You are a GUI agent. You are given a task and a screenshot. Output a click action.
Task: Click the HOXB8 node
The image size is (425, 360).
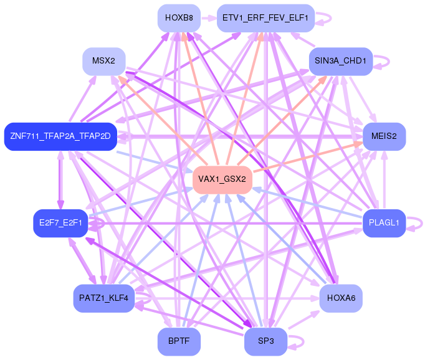179,18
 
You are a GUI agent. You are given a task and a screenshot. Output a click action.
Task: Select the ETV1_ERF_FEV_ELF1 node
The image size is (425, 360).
265,18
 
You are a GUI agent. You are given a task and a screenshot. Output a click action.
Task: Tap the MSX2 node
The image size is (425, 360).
104,61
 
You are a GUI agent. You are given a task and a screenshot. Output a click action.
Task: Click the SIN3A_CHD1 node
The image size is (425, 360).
341,61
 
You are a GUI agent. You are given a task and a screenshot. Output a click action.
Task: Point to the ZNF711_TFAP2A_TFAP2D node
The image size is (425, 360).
60,136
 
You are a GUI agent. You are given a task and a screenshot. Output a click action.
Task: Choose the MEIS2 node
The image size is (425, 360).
384,136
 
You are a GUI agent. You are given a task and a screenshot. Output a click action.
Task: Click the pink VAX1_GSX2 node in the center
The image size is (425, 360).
222,179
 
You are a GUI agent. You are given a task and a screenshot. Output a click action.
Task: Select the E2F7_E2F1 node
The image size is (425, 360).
60,223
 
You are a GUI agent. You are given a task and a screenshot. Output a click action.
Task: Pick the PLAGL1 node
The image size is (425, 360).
384,223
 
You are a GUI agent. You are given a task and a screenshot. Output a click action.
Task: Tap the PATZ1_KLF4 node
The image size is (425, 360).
104,298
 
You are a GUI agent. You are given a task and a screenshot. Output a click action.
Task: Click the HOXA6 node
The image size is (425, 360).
341,298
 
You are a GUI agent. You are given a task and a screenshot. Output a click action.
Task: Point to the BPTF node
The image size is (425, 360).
179,341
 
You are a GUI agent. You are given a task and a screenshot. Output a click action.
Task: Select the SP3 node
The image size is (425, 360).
265,341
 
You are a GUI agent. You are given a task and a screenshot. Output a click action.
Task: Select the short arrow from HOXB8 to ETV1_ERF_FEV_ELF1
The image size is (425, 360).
209,19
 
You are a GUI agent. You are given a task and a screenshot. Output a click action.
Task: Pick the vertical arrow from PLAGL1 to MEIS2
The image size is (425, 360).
384,180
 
